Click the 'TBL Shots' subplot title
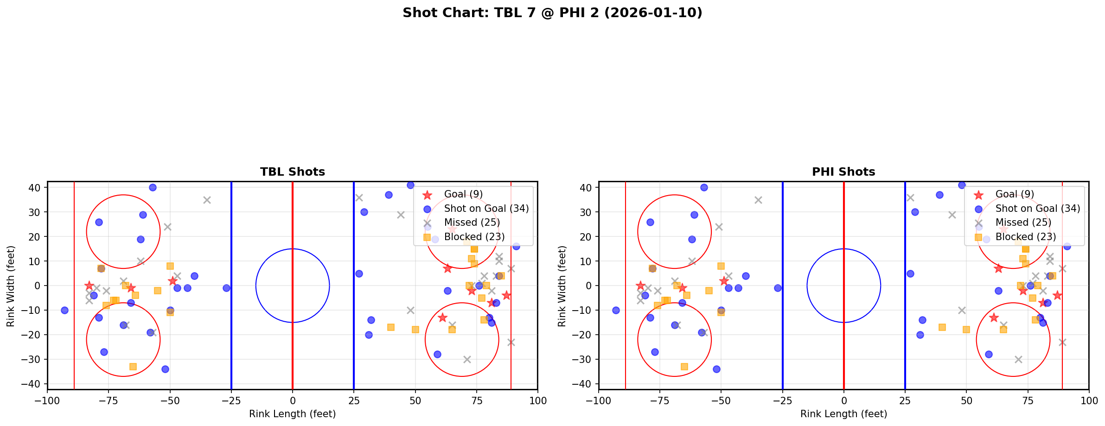(292, 172)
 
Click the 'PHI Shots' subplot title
(843, 172)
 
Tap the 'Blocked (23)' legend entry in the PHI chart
(1025, 237)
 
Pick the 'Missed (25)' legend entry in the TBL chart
(472, 223)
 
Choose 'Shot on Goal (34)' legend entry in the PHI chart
(1037, 209)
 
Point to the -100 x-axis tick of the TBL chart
(47, 401)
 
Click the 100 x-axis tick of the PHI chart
(1088, 401)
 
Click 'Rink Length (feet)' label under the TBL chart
(292, 414)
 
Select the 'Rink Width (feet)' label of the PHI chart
(562, 286)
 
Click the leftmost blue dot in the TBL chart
(64, 310)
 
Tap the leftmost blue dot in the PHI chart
(616, 310)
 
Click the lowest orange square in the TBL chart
(133, 367)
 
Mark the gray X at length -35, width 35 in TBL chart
(207, 200)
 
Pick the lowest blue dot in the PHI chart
(716, 369)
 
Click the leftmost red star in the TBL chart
(89, 286)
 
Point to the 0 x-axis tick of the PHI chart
(843, 401)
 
